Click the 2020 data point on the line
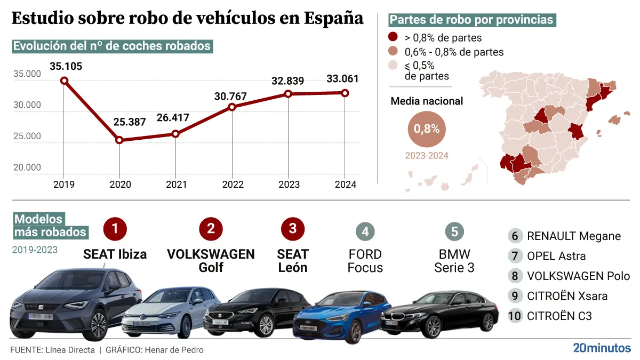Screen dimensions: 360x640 (119, 140)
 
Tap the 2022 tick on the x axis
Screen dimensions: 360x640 (232, 185)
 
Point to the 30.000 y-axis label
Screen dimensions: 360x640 (27, 105)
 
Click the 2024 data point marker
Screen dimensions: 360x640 (345, 93)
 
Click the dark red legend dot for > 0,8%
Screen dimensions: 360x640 (393, 38)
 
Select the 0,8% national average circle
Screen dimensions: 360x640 (427, 129)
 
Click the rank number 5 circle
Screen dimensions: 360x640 (454, 231)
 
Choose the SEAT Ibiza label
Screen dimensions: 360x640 (115, 254)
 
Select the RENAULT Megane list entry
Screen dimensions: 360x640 (573, 236)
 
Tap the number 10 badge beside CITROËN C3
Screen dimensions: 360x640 (515, 316)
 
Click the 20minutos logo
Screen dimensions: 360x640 (601, 348)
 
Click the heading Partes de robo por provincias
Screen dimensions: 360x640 (471, 20)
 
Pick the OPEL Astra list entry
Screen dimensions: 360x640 (556, 256)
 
